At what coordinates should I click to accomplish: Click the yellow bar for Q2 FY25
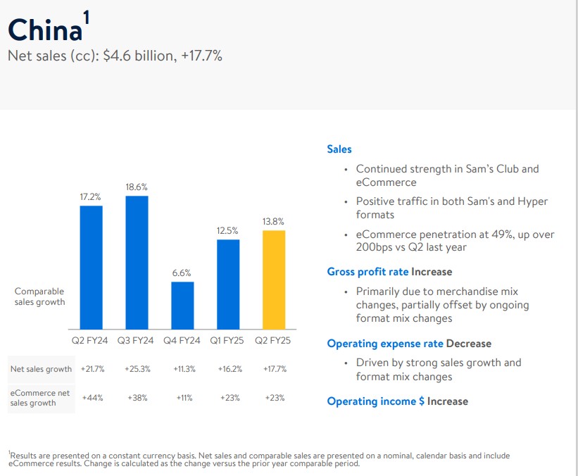(x=274, y=280)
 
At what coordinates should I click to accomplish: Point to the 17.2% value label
(x=92, y=197)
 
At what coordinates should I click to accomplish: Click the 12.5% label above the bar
(x=228, y=230)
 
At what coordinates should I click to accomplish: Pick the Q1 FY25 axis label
(x=228, y=341)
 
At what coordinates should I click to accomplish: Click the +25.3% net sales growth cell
(x=137, y=369)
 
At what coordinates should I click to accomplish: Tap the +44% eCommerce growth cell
(x=92, y=398)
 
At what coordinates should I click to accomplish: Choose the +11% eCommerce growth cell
(x=182, y=398)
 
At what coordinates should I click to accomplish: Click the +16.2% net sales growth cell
(x=228, y=369)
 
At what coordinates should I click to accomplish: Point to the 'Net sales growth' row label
(x=41, y=369)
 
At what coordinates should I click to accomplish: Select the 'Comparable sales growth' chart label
(x=39, y=296)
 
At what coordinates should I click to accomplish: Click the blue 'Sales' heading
(x=339, y=149)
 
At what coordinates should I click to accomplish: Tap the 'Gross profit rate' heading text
(x=367, y=272)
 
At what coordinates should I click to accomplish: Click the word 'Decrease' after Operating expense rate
(x=469, y=344)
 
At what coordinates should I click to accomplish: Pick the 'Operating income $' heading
(x=375, y=401)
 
